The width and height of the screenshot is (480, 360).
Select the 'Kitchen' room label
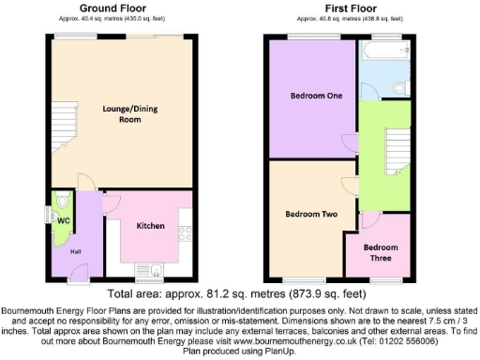(x=152, y=226)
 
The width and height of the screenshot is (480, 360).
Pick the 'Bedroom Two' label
(x=310, y=214)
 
